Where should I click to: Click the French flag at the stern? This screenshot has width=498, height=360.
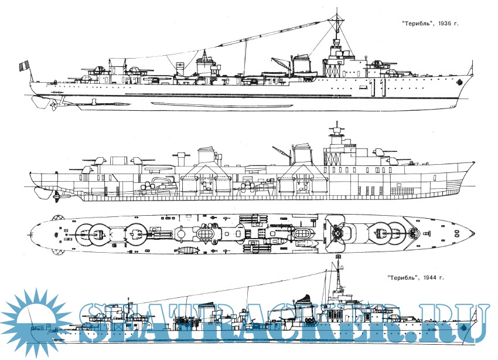click(x=24, y=65)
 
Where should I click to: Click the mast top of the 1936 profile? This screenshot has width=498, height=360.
click(x=337, y=11)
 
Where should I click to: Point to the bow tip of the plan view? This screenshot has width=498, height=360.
click(x=474, y=234)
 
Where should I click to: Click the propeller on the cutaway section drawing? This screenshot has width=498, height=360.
click(x=56, y=194)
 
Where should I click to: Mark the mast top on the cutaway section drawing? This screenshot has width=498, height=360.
click(x=336, y=125)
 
